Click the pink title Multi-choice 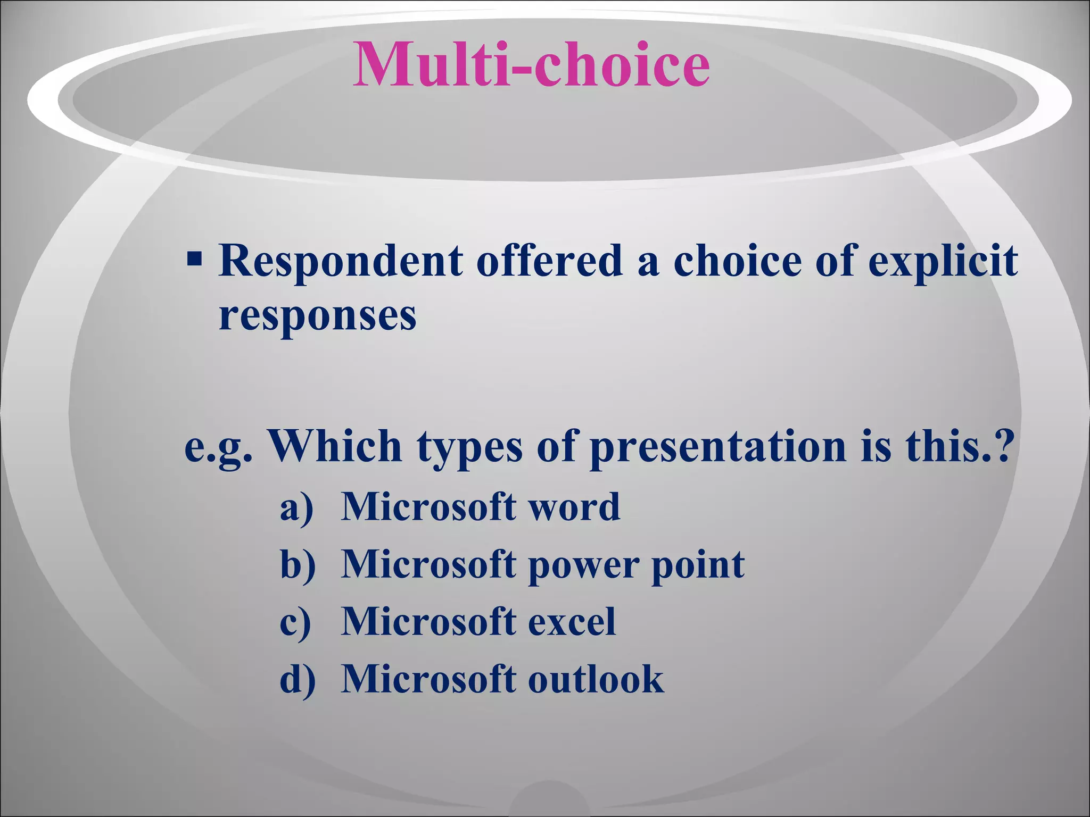(x=531, y=65)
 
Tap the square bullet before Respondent (x=194, y=260)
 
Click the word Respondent (x=341, y=262)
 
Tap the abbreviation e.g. (x=218, y=447)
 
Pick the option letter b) (x=298, y=564)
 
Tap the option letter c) (x=295, y=622)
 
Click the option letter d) (x=298, y=679)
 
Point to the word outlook (x=596, y=679)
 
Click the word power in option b (x=584, y=565)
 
